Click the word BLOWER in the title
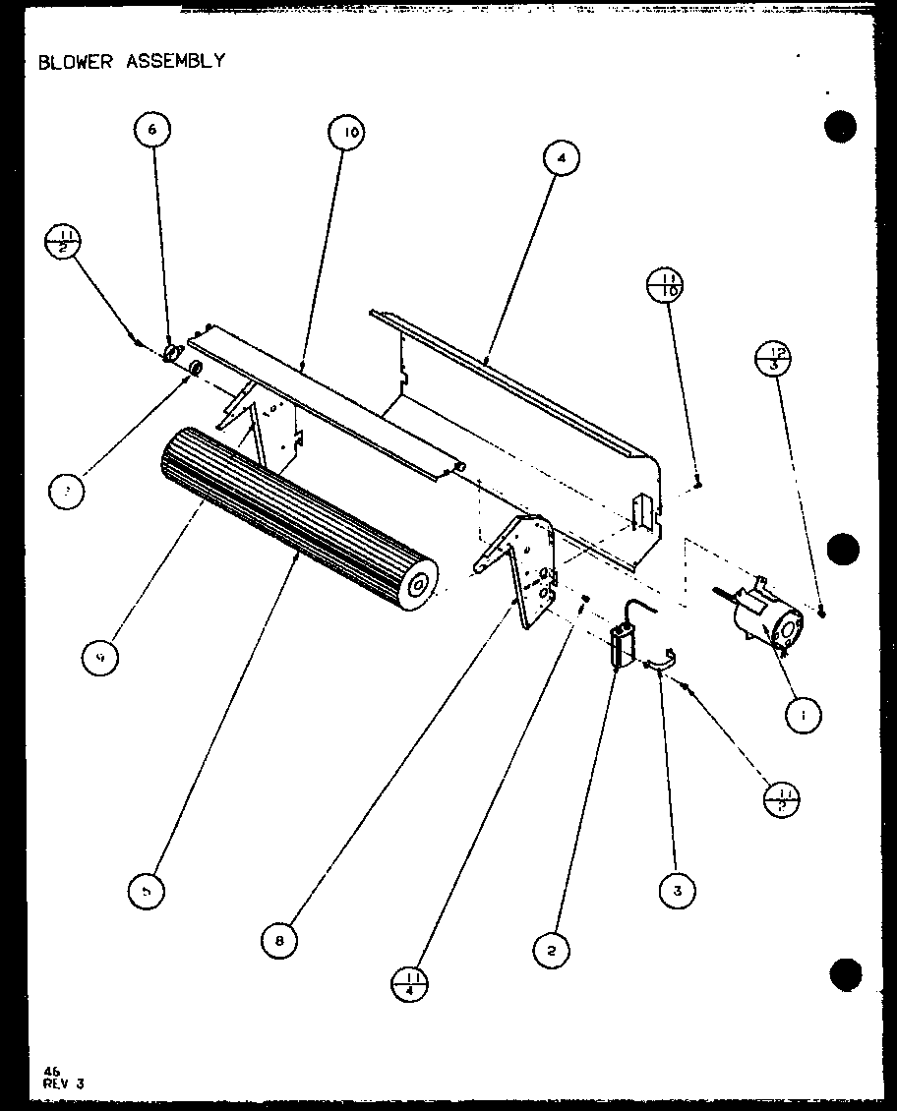coord(75,61)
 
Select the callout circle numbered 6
coord(152,128)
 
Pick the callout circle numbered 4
coord(561,157)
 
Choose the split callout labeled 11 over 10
coord(665,285)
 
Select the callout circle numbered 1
coord(805,717)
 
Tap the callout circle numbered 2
coord(553,950)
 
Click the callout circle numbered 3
coord(678,890)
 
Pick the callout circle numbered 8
coord(279,941)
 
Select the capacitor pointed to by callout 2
coord(621,647)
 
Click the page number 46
coord(51,1073)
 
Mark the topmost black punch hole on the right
coord(840,127)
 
